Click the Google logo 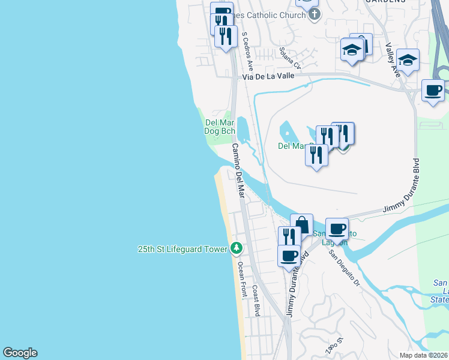coord(20,353)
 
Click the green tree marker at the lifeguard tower coord(237,248)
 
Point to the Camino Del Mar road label coord(239,171)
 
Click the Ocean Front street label coord(243,280)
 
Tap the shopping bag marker coord(301,225)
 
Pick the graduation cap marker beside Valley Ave coord(408,60)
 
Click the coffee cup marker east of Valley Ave coord(433,91)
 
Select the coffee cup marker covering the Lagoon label coord(337,229)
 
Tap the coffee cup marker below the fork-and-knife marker coord(289,255)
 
